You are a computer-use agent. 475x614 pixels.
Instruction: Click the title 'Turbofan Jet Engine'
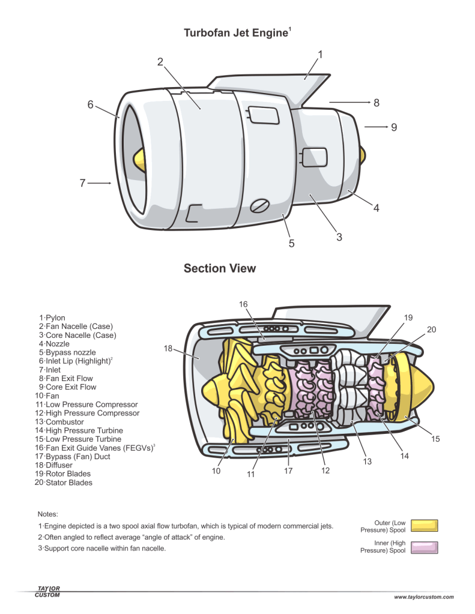(x=235, y=33)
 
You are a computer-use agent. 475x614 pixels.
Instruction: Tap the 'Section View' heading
(x=220, y=268)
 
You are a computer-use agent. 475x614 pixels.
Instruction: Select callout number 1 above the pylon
(x=320, y=55)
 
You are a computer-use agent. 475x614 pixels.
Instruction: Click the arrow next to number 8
(x=348, y=103)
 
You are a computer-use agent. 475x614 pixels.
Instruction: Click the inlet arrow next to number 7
(x=99, y=183)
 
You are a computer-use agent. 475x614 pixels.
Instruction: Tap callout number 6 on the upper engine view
(x=91, y=104)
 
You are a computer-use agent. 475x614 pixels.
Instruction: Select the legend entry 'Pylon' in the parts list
(x=55, y=318)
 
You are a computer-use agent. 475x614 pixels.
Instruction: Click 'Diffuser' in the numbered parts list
(x=59, y=465)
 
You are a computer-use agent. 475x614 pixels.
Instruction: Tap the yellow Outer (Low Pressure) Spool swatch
(x=424, y=526)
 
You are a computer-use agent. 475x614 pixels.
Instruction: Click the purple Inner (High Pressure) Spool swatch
(x=424, y=547)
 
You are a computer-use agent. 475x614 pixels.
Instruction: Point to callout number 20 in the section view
(x=431, y=330)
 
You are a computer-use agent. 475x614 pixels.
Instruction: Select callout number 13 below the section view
(x=368, y=462)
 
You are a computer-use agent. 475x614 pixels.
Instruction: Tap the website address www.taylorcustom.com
(x=424, y=597)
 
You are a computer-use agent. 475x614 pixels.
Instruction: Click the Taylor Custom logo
(x=47, y=592)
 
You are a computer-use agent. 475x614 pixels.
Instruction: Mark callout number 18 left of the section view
(x=168, y=348)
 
